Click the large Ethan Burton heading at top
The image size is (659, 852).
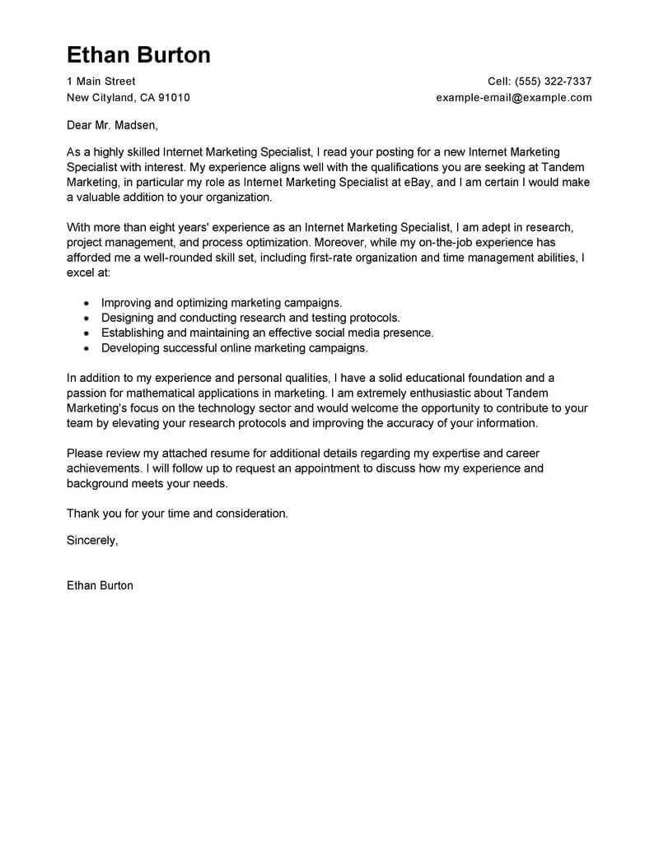(x=138, y=54)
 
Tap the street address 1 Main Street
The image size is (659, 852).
(x=100, y=81)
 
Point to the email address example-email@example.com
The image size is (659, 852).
(x=514, y=97)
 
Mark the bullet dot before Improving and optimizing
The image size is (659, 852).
(x=86, y=303)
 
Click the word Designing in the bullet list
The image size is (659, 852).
(x=128, y=318)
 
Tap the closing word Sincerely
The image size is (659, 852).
(x=92, y=540)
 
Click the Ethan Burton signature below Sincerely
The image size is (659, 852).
(x=99, y=585)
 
